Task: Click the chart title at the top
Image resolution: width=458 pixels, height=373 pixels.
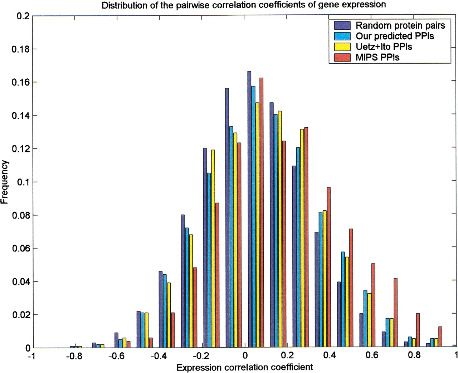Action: [x=244, y=5]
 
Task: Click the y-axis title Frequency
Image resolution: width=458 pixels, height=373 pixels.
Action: [x=5, y=182]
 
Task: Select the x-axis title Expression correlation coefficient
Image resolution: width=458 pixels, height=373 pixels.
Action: [x=245, y=367]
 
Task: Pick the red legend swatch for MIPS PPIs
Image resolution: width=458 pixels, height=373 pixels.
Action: [x=342, y=57]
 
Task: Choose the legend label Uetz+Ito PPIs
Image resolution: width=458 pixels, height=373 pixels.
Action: [x=384, y=47]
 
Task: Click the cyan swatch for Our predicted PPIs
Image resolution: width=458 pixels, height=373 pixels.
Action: [x=342, y=36]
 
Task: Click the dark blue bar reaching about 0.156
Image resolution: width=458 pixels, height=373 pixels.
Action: [x=227, y=218]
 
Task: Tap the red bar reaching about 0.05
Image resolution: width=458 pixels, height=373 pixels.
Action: [x=373, y=306]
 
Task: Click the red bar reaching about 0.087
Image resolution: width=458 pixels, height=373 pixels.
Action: [x=217, y=275]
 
